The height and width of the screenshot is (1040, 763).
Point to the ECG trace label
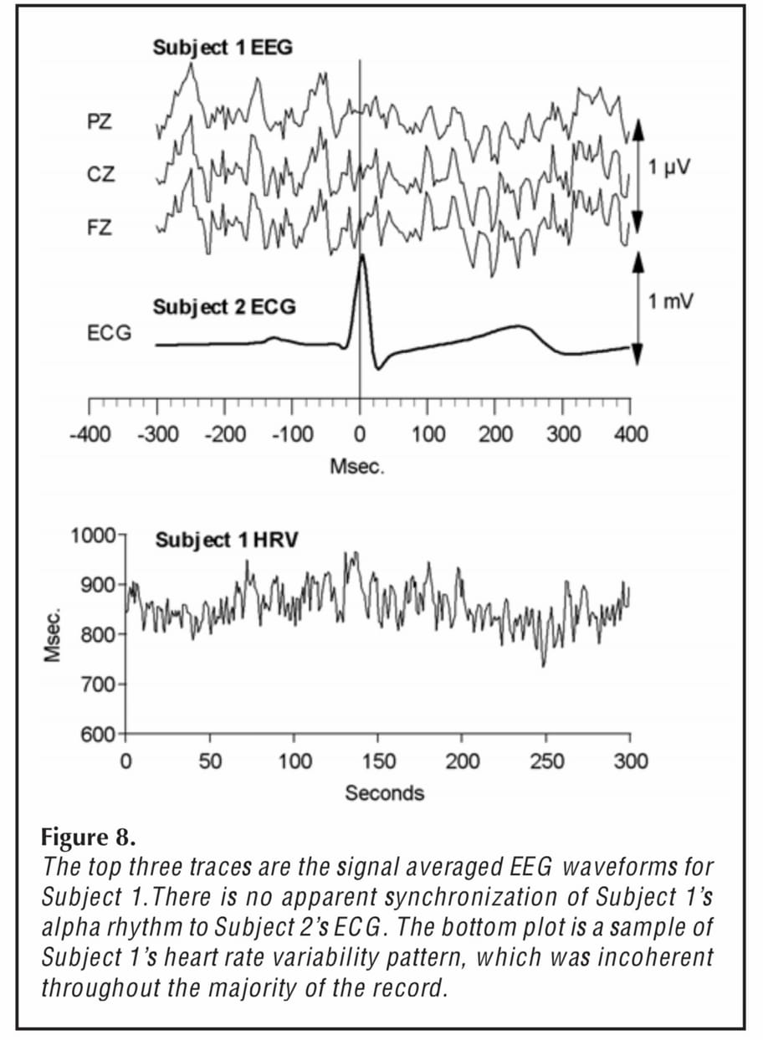109,334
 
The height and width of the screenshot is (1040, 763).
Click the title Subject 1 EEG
223,48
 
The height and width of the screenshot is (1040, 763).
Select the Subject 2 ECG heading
223,307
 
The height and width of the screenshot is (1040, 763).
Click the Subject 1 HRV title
226,540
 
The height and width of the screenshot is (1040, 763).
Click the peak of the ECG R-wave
361,255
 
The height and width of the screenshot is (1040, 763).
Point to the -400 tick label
89,434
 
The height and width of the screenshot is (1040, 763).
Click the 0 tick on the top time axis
360,434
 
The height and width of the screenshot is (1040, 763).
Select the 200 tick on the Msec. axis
494,434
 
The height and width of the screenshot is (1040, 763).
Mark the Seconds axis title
384,792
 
